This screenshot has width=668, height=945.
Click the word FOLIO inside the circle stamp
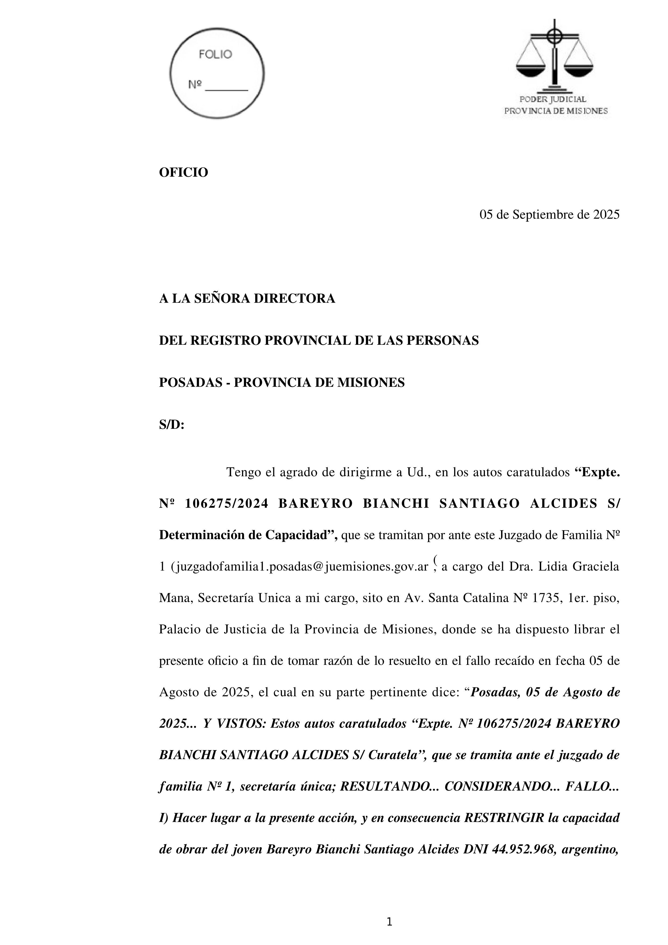point(215,54)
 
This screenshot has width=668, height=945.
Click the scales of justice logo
point(554,55)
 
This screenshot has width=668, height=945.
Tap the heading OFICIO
point(183,172)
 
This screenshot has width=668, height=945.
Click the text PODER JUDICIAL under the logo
point(553,99)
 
